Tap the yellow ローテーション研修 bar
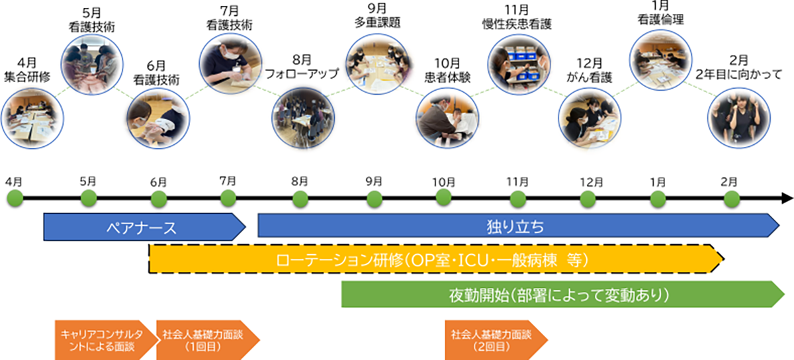[433, 259]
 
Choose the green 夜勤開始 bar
[559, 294]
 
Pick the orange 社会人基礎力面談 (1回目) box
[202, 339]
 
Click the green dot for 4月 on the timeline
[15, 197]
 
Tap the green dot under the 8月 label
[300, 197]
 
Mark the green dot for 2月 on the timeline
[731, 197]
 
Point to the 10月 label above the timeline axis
[443, 181]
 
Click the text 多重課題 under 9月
[376, 21]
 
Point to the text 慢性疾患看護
[516, 24]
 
